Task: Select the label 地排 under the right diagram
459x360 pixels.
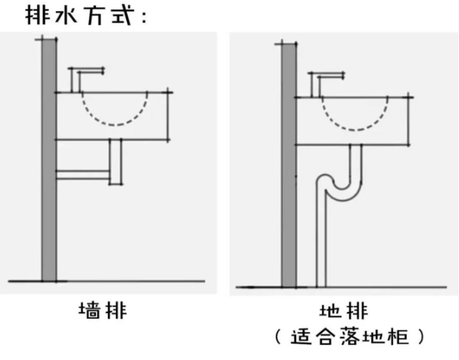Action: point(344,311)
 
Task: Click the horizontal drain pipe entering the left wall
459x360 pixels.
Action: point(83,174)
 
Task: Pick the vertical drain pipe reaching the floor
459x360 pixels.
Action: point(322,245)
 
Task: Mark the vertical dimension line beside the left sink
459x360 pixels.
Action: point(169,115)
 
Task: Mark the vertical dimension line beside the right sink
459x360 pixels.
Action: point(409,120)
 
